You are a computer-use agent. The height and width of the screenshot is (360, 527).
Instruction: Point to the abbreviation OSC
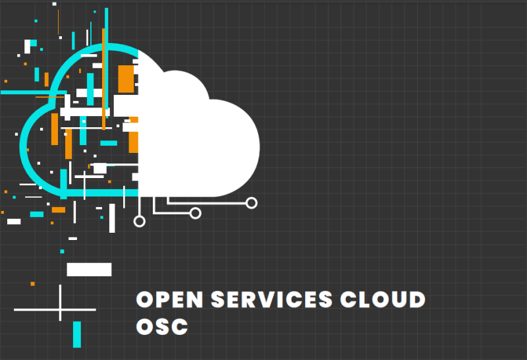pyautogui.click(x=162, y=326)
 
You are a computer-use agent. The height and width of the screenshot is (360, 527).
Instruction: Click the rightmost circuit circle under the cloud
pyautogui.click(x=251, y=203)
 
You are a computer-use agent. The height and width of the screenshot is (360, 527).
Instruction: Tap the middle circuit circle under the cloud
pyautogui.click(x=195, y=212)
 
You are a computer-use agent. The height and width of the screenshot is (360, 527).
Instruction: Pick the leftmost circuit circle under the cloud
pyautogui.click(x=139, y=221)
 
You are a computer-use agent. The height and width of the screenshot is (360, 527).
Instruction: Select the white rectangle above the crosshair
pyautogui.click(x=89, y=269)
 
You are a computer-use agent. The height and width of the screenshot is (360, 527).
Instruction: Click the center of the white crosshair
pyautogui.click(x=60, y=309)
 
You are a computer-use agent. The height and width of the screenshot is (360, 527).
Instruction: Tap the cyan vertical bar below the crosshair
pyautogui.click(x=77, y=334)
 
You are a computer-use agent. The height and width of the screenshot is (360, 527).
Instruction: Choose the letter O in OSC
pyautogui.click(x=145, y=326)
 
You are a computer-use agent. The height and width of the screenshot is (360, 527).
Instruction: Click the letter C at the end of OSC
pyautogui.click(x=179, y=326)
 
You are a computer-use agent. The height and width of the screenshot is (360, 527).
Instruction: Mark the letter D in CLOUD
pyautogui.click(x=416, y=299)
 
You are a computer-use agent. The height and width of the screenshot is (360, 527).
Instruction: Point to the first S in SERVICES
pyautogui.click(x=219, y=299)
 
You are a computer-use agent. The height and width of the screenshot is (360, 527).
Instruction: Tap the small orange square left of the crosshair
pyautogui.click(x=32, y=284)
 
